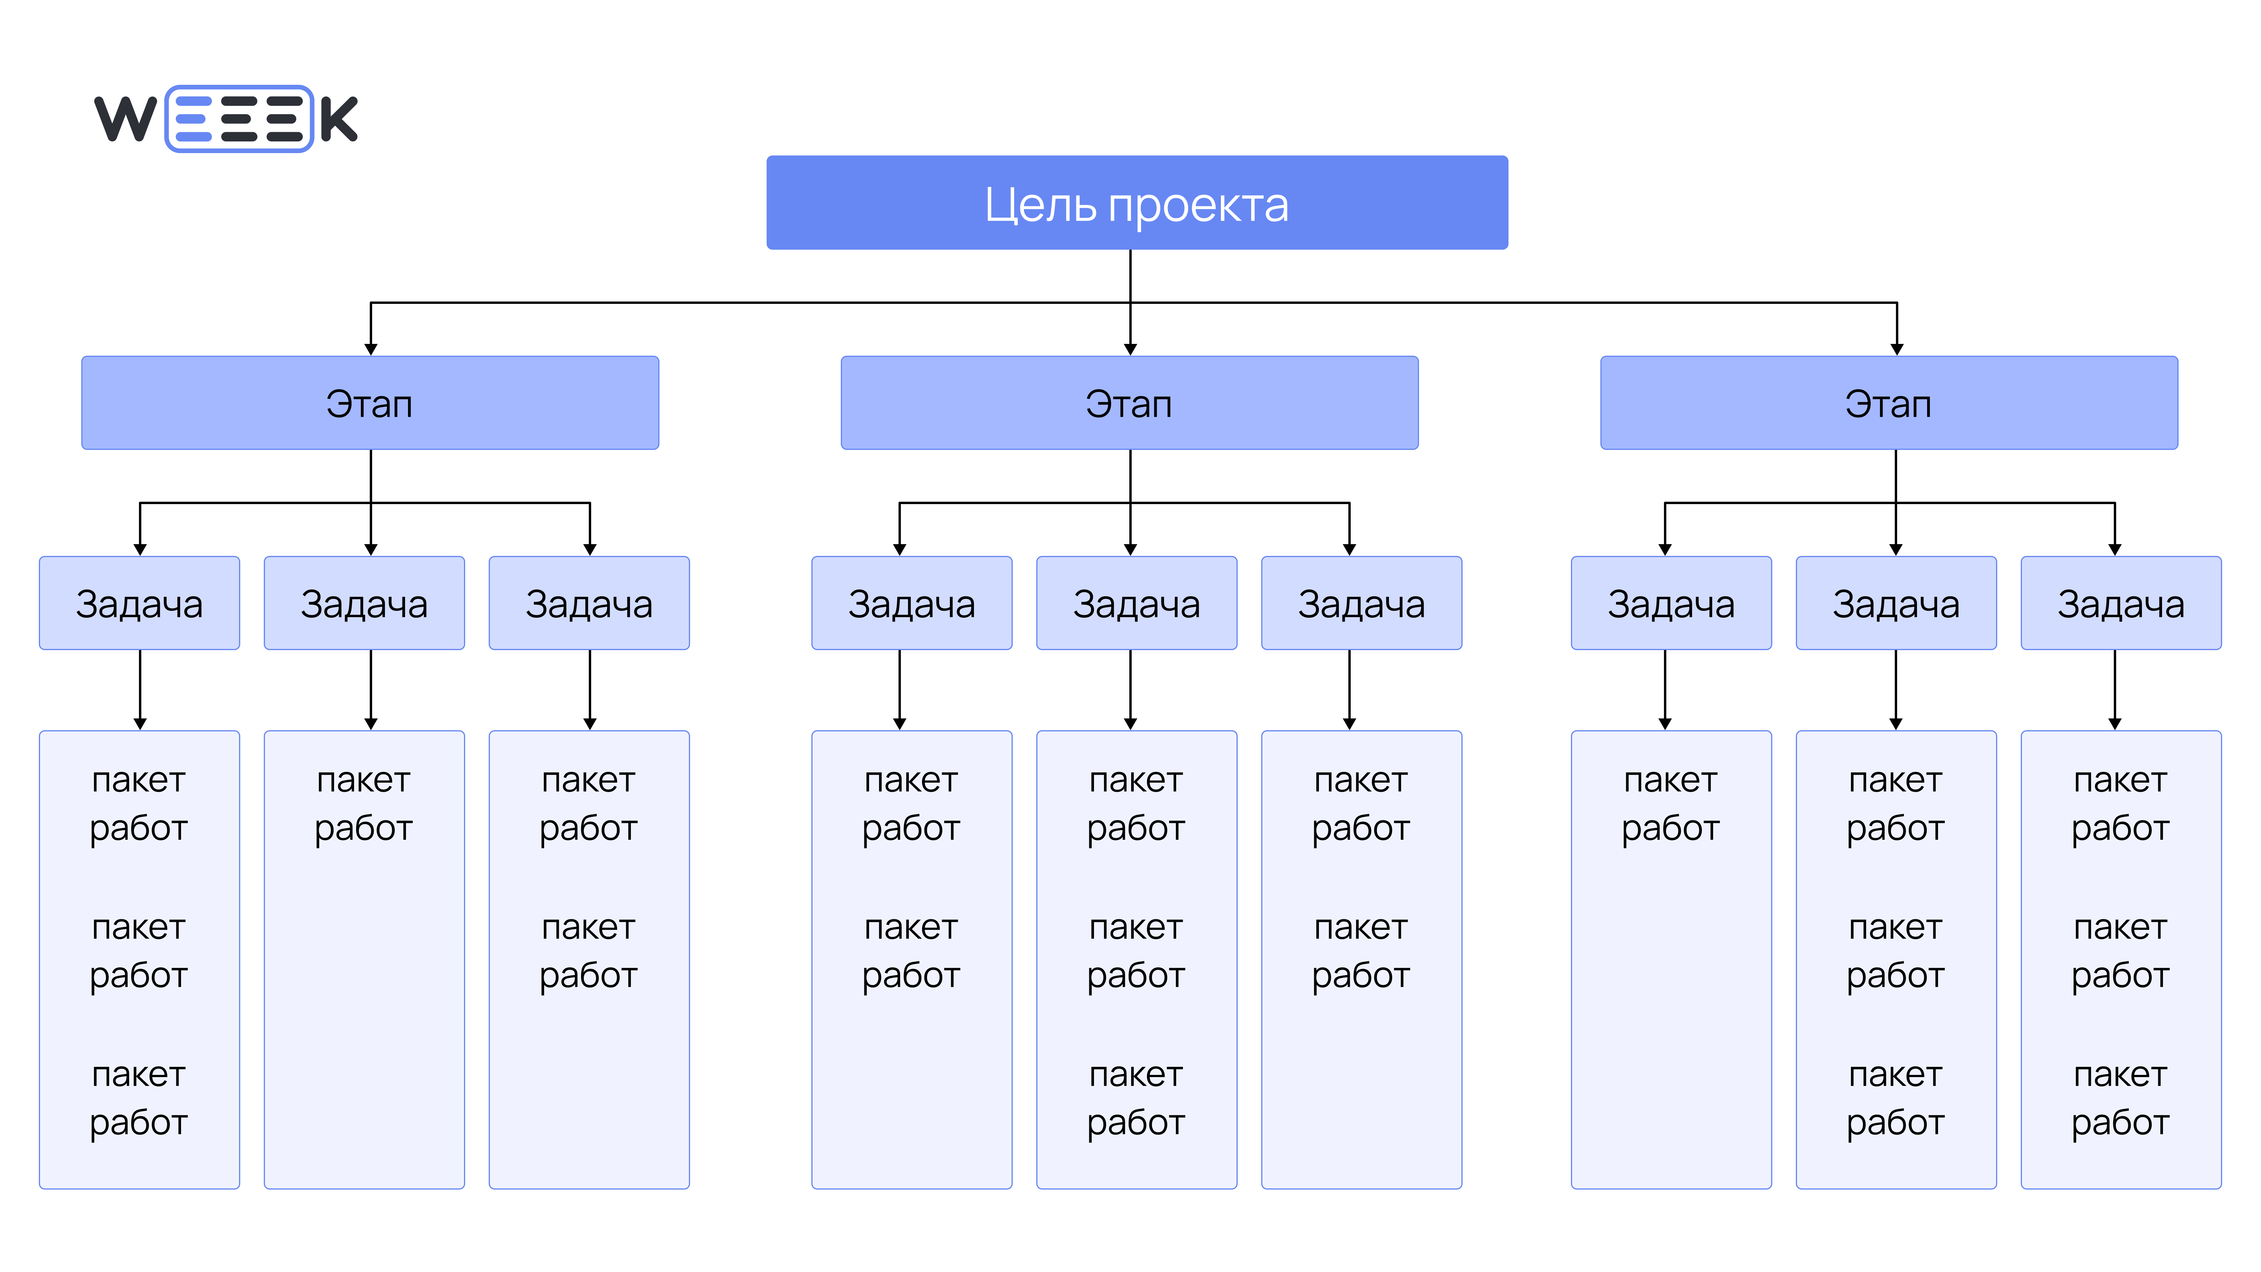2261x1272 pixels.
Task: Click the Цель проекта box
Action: coord(1137,203)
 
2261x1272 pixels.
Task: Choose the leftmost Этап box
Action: coord(369,403)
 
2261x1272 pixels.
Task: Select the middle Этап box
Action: coord(1130,403)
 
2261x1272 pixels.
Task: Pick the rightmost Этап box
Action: coord(1889,403)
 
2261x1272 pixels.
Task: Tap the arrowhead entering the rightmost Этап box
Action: coord(1897,350)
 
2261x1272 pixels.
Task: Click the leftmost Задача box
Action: coord(140,603)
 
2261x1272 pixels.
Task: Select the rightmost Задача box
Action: coord(2121,603)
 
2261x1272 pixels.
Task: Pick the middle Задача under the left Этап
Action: coord(364,603)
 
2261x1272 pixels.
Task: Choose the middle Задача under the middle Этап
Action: coord(1137,603)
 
